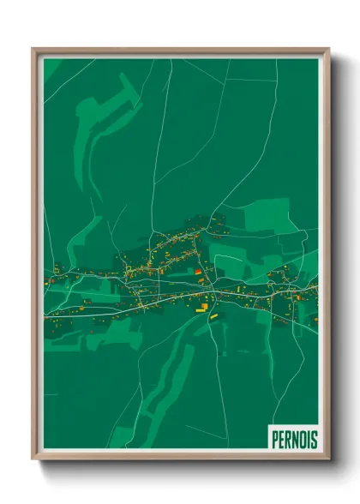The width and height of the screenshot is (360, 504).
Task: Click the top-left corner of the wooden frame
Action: [33, 49]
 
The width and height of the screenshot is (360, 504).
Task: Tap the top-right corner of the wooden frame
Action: [328, 49]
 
